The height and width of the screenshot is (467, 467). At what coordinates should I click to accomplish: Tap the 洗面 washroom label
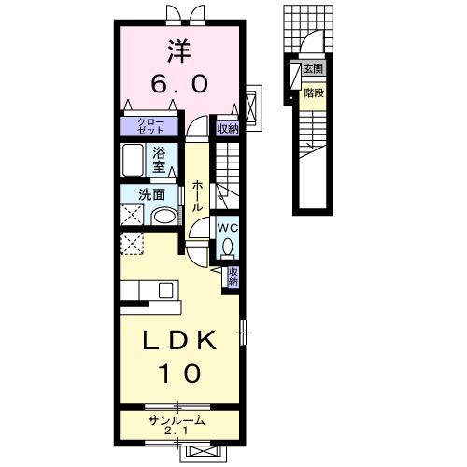click(x=152, y=195)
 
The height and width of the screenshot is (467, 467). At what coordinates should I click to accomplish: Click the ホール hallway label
click(x=198, y=195)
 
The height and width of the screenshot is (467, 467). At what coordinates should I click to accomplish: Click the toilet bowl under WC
click(x=227, y=248)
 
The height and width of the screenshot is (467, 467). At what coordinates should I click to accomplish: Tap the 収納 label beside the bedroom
click(x=227, y=129)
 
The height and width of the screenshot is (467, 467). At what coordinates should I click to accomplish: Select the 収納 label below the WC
click(x=233, y=276)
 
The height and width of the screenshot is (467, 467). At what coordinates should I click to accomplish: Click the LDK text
click(x=180, y=341)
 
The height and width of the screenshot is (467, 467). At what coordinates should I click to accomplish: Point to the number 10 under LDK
click(x=181, y=374)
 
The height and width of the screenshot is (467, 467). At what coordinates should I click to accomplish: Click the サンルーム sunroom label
click(x=177, y=421)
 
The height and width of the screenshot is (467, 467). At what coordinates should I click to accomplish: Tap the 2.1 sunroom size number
click(x=177, y=432)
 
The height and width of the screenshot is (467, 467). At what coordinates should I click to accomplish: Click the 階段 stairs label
click(x=315, y=92)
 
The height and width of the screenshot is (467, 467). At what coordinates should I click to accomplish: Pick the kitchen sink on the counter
click(x=167, y=288)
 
